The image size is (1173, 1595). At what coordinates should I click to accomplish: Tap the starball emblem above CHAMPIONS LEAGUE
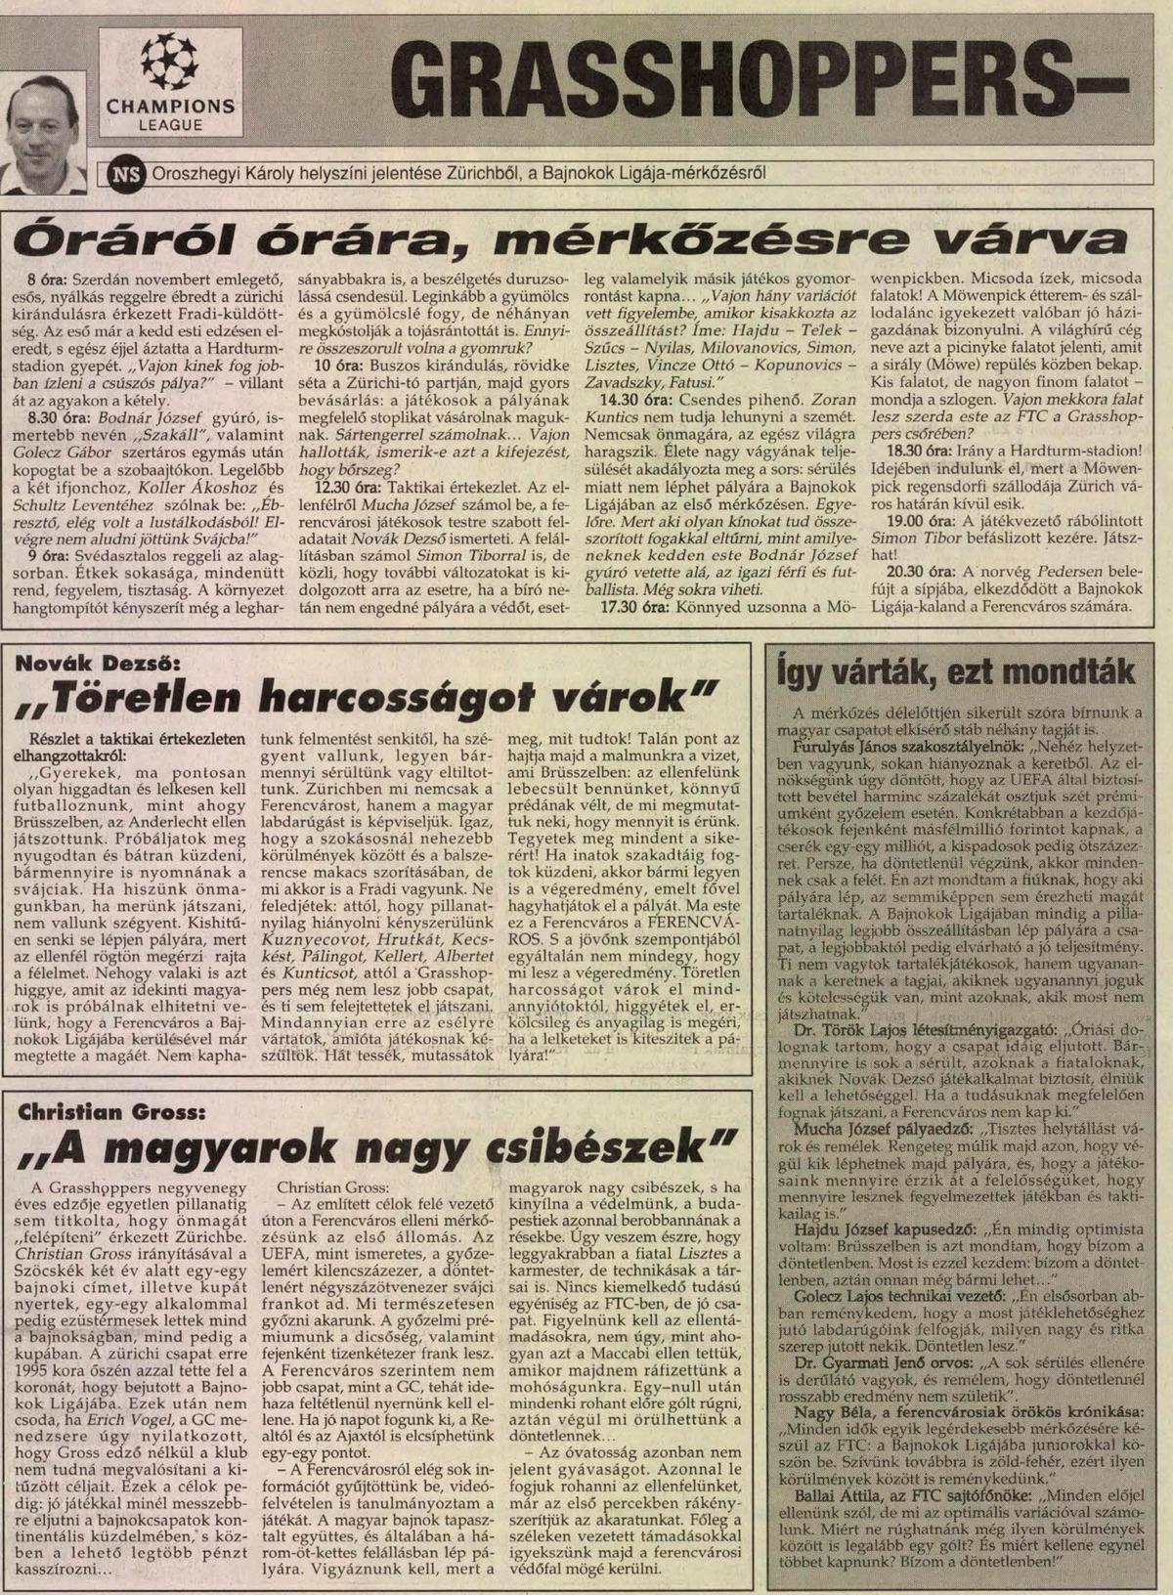169,62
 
